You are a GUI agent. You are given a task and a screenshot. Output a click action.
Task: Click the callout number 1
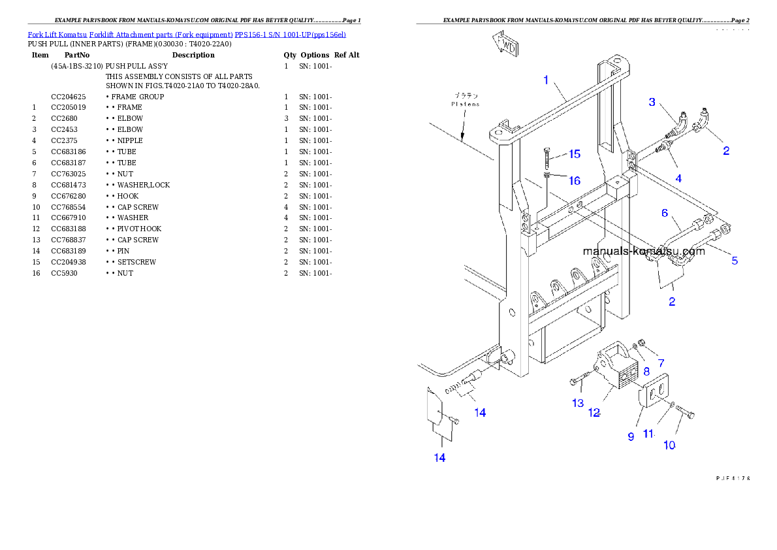(x=547, y=80)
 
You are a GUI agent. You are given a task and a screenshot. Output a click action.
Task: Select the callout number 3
(x=652, y=102)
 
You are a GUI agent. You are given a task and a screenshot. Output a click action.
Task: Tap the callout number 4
(x=678, y=178)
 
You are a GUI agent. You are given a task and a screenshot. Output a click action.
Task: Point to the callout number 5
(x=735, y=261)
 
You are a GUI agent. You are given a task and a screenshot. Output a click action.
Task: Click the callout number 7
(x=661, y=363)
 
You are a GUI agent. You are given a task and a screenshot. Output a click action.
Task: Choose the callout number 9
(x=631, y=436)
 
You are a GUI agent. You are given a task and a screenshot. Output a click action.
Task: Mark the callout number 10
(x=669, y=445)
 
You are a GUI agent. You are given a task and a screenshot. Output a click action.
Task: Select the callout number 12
(x=594, y=413)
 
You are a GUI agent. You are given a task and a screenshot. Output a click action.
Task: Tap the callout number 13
(x=578, y=403)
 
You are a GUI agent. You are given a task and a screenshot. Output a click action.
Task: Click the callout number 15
(x=574, y=154)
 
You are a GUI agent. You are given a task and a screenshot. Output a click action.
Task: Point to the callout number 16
(x=574, y=180)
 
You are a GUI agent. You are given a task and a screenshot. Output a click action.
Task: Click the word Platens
(x=465, y=104)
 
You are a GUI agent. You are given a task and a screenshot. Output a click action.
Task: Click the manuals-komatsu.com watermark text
(x=643, y=251)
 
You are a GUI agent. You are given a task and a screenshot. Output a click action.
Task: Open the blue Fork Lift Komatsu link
(x=187, y=34)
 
